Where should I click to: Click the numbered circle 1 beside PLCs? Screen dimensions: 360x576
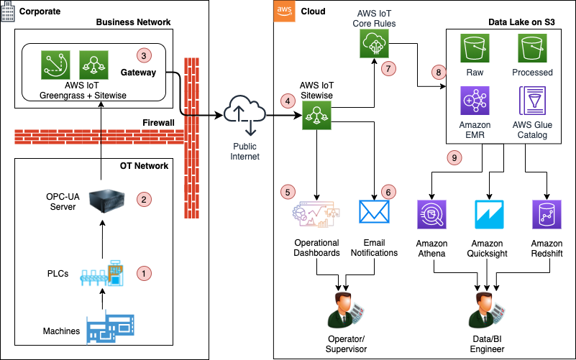(145, 273)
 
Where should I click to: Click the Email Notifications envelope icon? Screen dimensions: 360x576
(375, 211)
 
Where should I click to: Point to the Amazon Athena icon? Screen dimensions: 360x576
(431, 215)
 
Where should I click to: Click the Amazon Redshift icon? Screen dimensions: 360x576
(547, 215)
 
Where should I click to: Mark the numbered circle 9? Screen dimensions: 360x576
(453, 157)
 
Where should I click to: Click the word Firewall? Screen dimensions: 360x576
(158, 123)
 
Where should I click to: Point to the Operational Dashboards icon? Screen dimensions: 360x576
(317, 213)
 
